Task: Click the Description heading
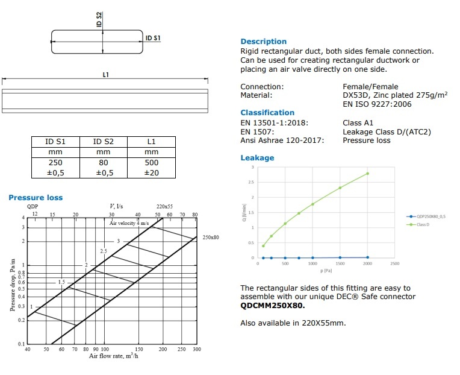(263, 42)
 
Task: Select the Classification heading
(267, 113)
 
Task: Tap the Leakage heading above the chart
(257, 158)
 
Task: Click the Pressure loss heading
(36, 198)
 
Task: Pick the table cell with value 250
(55, 163)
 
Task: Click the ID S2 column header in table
(103, 142)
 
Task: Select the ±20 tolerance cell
(151, 173)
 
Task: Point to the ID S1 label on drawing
(153, 38)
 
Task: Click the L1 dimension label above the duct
(106, 74)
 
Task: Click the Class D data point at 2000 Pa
(367, 174)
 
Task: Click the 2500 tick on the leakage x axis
(395, 263)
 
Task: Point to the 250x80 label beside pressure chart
(211, 238)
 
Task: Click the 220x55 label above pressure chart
(165, 206)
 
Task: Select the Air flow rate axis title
(114, 356)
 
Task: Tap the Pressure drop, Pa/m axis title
(12, 285)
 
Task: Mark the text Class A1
(358, 123)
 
